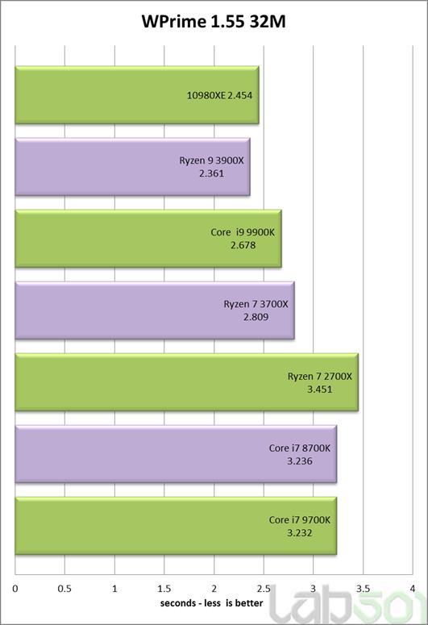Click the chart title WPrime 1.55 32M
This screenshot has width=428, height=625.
214,22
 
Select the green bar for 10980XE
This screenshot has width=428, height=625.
137,95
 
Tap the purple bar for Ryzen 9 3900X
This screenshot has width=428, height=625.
133,167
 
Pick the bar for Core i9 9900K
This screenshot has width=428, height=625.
148,239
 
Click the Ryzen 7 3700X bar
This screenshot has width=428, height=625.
155,310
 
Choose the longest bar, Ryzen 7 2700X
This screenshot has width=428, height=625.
187,382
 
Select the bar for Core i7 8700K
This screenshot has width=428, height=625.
177,454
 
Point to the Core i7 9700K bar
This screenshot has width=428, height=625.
177,526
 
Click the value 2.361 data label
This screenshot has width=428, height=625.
212,173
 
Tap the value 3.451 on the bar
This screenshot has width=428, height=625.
320,389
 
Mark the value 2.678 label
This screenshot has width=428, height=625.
243,245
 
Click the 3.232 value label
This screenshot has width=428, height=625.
300,533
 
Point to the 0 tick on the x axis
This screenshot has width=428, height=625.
15,589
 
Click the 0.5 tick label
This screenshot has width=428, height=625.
64,589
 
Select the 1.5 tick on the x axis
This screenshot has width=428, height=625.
164,589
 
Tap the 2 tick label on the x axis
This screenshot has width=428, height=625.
214,589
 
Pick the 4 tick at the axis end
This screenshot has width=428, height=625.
413,589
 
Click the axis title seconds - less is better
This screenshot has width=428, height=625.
212,603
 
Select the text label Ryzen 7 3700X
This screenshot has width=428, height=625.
256,304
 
